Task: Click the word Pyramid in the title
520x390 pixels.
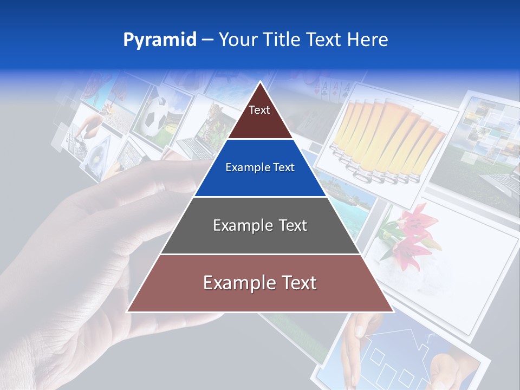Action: tap(160, 40)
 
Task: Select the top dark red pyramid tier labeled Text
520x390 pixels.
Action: tap(259, 116)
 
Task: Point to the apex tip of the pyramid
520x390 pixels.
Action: tap(260, 82)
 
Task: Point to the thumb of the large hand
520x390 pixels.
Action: tap(162, 173)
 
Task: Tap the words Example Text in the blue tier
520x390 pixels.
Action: tap(260, 168)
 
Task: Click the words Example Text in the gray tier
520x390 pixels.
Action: tap(260, 225)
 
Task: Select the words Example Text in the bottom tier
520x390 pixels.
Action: tap(260, 283)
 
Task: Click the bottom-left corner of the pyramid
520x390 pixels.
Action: tap(127, 311)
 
